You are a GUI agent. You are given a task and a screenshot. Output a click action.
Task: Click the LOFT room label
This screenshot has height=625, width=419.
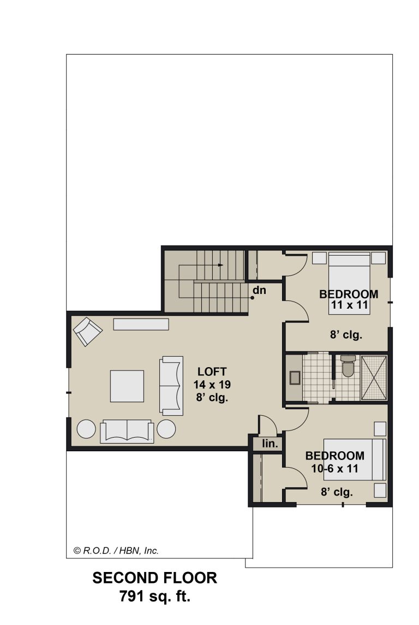coord(212,372)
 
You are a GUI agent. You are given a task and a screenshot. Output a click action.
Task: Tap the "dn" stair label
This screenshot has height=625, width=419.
coord(260,290)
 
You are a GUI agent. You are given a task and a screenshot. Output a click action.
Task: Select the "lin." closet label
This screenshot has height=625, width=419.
coord(270,443)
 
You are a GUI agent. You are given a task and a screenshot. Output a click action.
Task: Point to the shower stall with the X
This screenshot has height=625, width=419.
coord(373,378)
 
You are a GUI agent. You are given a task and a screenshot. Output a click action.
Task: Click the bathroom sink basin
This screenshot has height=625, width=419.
coord(295,378)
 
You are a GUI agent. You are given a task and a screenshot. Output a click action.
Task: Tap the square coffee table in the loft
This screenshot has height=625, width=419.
coord(127,386)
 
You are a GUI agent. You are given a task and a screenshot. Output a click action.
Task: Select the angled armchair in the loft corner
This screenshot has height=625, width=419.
coord(87,332)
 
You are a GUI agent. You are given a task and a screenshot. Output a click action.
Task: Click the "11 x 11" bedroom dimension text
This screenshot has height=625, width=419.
coord(349,305)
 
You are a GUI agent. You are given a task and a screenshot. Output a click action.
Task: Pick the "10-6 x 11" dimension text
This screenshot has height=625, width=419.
coord(334,468)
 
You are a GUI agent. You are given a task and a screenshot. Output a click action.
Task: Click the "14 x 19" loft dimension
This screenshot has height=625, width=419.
coord(212,385)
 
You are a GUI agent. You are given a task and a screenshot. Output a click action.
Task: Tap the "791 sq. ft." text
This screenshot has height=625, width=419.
coord(155,597)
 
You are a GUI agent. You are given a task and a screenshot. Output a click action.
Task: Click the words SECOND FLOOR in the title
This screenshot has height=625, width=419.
coord(155,577)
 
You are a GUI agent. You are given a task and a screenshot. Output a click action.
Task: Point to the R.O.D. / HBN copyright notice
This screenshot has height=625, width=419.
coord(116,551)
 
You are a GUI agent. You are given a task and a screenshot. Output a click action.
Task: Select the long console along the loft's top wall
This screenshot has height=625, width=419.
coord(141,324)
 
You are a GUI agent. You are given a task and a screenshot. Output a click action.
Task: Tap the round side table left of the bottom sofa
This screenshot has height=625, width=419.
coord(86,429)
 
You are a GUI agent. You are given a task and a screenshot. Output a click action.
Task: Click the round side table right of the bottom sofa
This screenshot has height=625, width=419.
coord(166,429)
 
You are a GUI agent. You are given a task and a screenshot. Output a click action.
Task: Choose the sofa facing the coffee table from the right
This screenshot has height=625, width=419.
coord(171,386)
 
